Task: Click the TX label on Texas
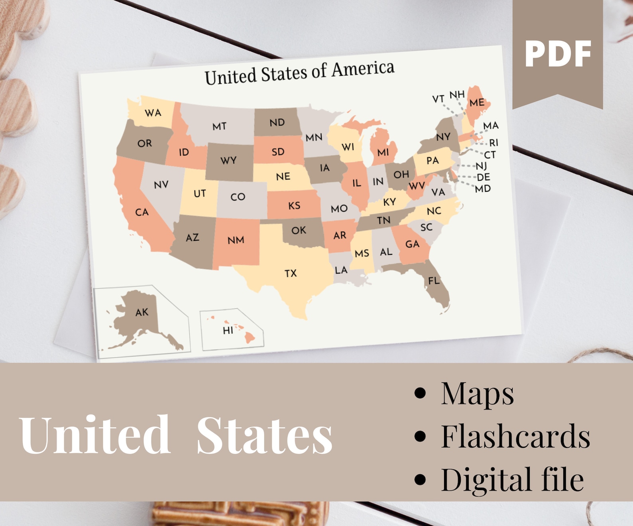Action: (291, 273)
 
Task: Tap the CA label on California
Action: (142, 212)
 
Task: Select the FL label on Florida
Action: (434, 281)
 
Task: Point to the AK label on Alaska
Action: (142, 312)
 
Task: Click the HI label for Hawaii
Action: (228, 330)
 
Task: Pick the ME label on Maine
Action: (477, 102)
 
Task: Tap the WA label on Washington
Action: (153, 113)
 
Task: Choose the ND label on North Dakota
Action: (277, 122)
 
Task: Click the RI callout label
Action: (493, 143)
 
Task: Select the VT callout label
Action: (438, 99)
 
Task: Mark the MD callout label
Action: (483, 189)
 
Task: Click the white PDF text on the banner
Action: (558, 54)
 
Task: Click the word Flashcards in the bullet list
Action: (515, 436)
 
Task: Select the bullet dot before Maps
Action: (420, 393)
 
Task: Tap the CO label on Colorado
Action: (238, 197)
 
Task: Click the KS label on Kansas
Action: (294, 206)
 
